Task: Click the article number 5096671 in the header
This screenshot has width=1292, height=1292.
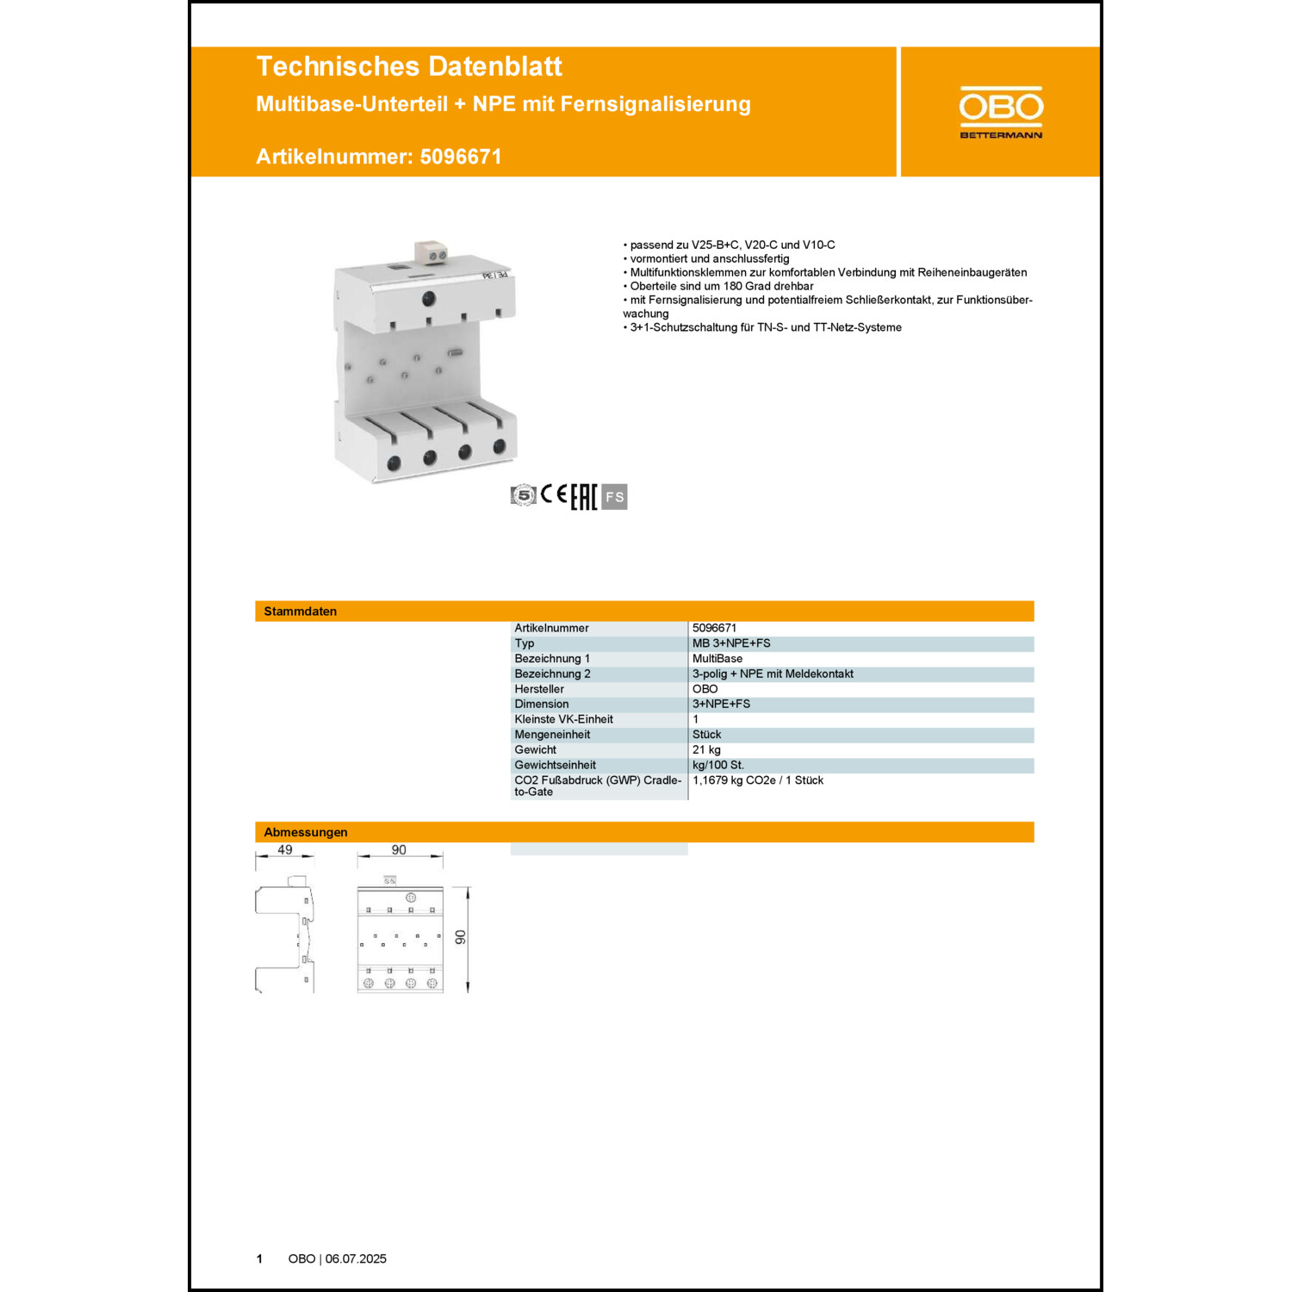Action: click(461, 157)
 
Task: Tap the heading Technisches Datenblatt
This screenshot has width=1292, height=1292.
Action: click(409, 66)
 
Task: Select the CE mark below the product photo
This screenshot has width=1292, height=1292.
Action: click(554, 494)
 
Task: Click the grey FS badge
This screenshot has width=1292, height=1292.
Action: click(614, 497)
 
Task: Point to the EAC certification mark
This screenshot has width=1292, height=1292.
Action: click(583, 497)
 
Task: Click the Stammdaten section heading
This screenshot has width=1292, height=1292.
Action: click(301, 612)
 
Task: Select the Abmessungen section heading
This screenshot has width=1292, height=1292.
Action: click(306, 832)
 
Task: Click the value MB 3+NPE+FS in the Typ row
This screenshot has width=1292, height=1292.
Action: click(731, 643)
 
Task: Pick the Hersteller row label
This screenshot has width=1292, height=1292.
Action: click(539, 689)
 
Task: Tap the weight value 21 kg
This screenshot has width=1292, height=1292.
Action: click(706, 750)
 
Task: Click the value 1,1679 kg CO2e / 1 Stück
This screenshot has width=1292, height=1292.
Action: click(758, 780)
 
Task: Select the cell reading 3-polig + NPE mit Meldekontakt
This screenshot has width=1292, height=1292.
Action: click(773, 674)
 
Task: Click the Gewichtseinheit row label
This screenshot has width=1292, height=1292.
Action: click(555, 765)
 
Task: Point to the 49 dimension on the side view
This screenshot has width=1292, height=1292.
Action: click(285, 850)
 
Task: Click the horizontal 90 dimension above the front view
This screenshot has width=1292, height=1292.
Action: click(399, 850)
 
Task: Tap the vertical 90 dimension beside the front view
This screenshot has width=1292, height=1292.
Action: click(461, 937)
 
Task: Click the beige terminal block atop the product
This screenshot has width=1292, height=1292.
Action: click(432, 252)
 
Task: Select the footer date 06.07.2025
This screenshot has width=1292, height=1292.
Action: click(356, 1259)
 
